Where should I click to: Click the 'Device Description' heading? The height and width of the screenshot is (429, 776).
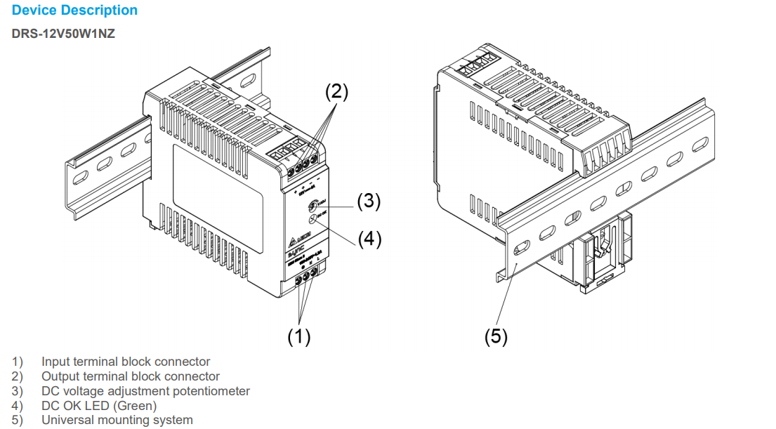[x=74, y=11]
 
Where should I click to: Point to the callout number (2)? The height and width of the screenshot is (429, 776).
[x=336, y=91]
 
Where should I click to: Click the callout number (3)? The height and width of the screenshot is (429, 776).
[x=369, y=202]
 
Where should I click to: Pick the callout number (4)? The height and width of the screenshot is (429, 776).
[x=369, y=239]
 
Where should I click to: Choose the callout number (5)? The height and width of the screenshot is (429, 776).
[x=496, y=337]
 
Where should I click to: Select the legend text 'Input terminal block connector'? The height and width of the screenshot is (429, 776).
[x=126, y=362]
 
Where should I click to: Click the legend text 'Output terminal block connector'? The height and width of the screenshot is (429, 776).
[x=130, y=376]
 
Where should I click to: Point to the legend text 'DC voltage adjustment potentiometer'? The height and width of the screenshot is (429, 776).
[x=145, y=391]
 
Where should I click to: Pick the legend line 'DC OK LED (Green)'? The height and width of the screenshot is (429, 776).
[x=99, y=406]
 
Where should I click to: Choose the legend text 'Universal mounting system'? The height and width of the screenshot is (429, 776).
[x=117, y=420]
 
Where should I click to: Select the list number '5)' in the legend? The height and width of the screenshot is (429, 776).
[x=17, y=420]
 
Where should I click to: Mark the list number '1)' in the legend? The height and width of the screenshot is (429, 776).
[x=17, y=362]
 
